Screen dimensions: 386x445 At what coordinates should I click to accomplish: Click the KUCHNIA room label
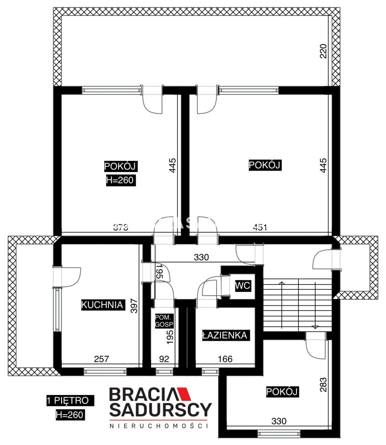click(103, 305)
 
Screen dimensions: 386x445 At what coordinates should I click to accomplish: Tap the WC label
click(242, 286)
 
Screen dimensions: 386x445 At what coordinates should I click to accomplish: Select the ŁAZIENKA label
click(226, 335)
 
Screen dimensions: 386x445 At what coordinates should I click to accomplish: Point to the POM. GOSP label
click(164, 321)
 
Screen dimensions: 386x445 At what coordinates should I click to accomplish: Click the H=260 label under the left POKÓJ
click(121, 180)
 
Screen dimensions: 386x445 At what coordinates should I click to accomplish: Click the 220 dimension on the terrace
click(323, 51)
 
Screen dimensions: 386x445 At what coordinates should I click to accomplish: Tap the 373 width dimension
click(121, 227)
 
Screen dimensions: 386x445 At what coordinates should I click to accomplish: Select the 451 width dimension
click(260, 227)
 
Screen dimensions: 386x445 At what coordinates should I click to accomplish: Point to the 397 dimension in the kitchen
click(134, 305)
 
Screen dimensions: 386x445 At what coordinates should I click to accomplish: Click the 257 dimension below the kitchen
click(101, 359)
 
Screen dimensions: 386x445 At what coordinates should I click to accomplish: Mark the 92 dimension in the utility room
click(164, 359)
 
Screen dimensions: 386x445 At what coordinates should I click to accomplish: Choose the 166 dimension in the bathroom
click(225, 359)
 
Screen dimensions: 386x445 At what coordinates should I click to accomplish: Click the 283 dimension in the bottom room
click(323, 385)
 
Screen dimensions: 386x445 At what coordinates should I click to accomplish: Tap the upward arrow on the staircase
click(282, 305)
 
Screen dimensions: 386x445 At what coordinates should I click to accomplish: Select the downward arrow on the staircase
click(315, 305)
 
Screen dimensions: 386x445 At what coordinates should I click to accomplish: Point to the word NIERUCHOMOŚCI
click(159, 426)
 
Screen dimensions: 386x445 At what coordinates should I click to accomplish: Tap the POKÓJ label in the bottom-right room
click(282, 392)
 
